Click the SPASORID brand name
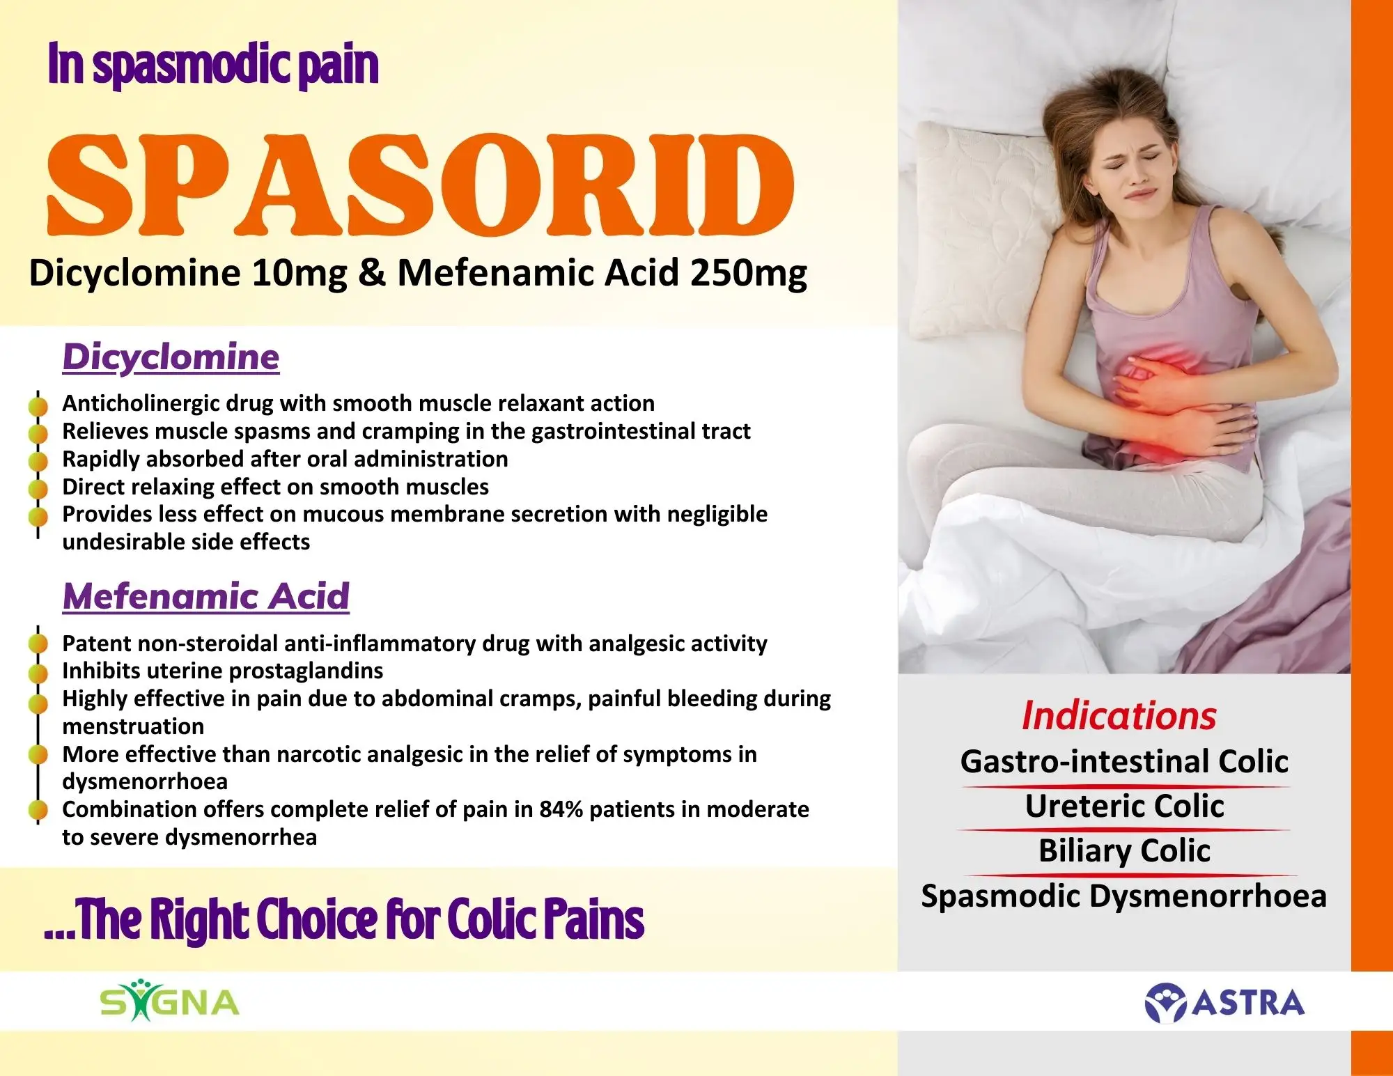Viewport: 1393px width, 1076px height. (x=421, y=185)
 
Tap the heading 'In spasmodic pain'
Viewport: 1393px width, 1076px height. (x=213, y=64)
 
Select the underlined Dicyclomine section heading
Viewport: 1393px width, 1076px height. (x=171, y=357)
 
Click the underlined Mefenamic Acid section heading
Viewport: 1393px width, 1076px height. (x=205, y=596)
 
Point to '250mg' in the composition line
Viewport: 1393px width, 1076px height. (x=749, y=274)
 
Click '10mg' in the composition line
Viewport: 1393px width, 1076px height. (x=299, y=274)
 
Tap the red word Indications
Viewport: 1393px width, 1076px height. (x=1119, y=716)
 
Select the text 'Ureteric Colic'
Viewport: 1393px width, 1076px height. (x=1124, y=806)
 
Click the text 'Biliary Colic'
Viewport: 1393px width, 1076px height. (x=1124, y=851)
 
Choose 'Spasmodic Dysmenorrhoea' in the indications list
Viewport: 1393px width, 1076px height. (x=1123, y=896)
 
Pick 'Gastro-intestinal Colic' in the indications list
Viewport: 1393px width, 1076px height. (x=1124, y=761)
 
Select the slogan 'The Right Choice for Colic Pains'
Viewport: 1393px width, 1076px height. (x=361, y=920)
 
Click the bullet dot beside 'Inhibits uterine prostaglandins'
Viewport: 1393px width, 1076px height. (x=38, y=672)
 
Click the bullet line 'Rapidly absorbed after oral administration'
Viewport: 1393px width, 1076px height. (x=285, y=459)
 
